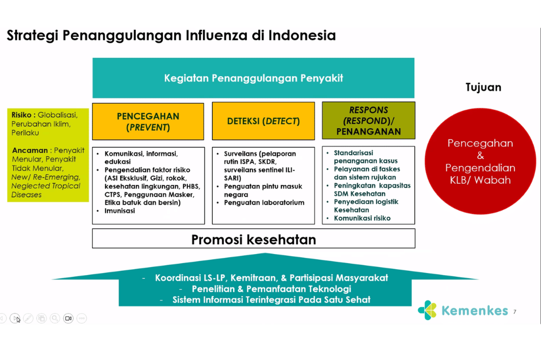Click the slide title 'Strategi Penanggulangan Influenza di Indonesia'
[171, 36]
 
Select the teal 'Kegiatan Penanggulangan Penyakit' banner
[253, 78]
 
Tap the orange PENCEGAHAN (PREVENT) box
[148, 122]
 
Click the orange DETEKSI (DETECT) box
[263, 122]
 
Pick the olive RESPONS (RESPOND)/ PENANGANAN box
[368, 121]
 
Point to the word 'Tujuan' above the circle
[483, 87]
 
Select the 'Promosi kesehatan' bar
[253, 239]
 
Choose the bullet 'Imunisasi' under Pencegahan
[120, 211]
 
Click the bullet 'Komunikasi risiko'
[362, 218]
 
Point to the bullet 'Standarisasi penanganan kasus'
[365, 157]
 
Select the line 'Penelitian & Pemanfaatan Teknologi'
[264, 289]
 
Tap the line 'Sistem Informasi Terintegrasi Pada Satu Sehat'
[265, 299]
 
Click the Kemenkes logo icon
[427, 310]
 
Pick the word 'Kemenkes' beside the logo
[474, 311]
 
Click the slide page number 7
[514, 311]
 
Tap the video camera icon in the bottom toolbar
[68, 318]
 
